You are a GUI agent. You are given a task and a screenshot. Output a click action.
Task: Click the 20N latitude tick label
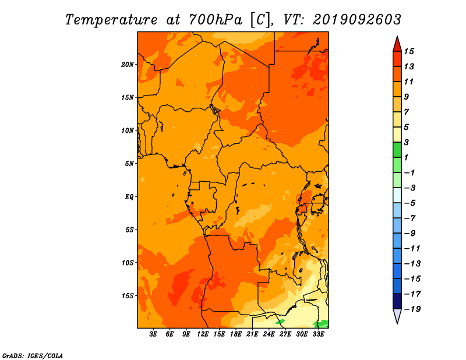(x=128, y=65)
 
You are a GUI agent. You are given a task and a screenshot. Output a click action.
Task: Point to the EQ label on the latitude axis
(x=129, y=197)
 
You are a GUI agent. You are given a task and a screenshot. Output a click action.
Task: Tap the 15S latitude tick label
(x=128, y=296)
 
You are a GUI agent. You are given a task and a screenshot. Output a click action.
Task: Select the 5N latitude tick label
(x=129, y=164)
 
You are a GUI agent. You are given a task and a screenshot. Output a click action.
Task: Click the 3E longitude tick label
(x=153, y=334)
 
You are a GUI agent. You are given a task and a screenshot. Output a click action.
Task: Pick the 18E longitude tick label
(x=236, y=334)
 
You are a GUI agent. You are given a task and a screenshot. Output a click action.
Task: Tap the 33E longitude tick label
(x=318, y=334)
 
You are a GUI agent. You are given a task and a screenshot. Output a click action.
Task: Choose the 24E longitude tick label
(x=269, y=334)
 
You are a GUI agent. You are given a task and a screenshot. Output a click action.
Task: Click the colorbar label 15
(x=409, y=51)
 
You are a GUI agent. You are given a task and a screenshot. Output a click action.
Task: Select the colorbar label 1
(x=406, y=157)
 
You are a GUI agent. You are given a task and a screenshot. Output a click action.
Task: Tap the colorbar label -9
(x=410, y=234)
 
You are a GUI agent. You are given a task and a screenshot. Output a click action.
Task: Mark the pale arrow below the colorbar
(x=397, y=316)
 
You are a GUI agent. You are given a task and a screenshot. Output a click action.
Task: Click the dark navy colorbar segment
(x=397, y=301)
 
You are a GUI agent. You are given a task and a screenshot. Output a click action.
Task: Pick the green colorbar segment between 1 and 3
(x=397, y=150)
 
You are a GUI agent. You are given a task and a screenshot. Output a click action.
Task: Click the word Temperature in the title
(x=111, y=20)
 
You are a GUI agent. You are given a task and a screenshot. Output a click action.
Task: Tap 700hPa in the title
(x=216, y=20)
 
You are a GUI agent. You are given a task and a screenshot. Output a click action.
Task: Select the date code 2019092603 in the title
(x=357, y=20)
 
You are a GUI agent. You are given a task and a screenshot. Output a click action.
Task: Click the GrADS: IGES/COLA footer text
(x=33, y=356)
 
